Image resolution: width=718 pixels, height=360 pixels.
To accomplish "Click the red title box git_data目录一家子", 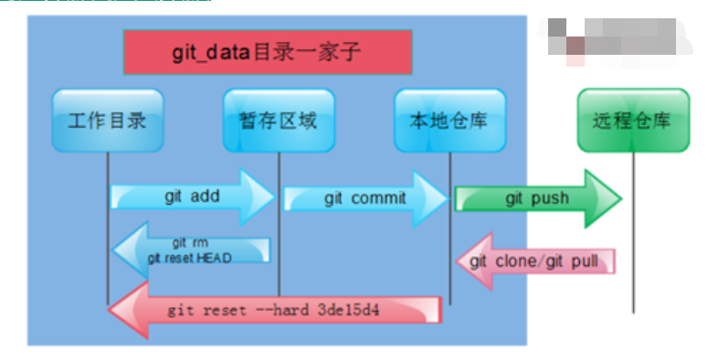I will point(267,52).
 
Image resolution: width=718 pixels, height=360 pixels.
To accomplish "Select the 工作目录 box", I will point(107,121).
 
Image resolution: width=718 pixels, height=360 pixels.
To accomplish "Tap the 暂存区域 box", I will point(279,121).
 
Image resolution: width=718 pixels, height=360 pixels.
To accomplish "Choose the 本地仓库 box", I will point(449,121).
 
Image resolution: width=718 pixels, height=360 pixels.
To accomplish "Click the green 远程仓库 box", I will point(633,121).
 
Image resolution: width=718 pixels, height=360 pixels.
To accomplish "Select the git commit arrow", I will point(365,197).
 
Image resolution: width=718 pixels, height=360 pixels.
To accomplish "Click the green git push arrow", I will point(537,198).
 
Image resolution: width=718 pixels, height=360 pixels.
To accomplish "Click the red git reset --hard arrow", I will point(274,311).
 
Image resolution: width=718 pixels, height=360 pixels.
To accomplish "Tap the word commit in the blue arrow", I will point(377,197).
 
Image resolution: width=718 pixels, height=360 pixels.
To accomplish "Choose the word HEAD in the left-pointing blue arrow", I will point(213,258).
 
